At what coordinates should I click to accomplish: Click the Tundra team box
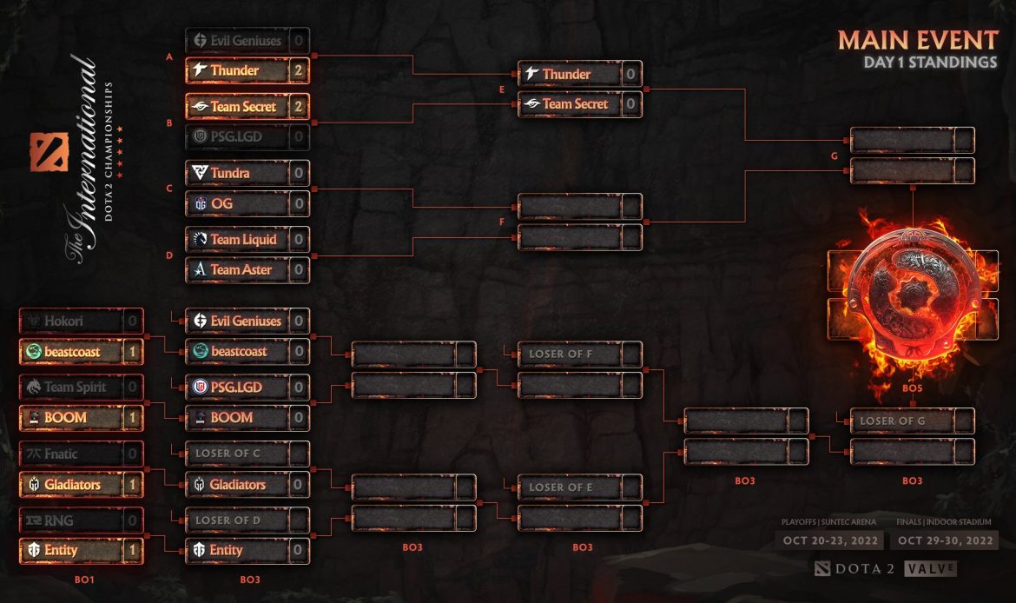[236, 173]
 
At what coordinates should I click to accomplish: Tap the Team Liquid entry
[236, 239]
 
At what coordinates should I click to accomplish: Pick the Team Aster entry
[236, 269]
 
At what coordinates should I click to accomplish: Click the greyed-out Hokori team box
[69, 321]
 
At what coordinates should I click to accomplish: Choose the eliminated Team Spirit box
[69, 387]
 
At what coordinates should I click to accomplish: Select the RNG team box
[69, 520]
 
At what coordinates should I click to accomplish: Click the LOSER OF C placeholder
[236, 454]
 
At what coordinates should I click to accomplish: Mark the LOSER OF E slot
[570, 487]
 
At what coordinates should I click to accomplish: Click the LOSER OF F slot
[570, 355]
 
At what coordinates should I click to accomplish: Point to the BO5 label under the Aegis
[912, 388]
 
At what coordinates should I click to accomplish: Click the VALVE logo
[930, 568]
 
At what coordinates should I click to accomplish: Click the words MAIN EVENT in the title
[918, 40]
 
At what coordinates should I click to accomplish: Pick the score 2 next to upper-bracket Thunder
[298, 70]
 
